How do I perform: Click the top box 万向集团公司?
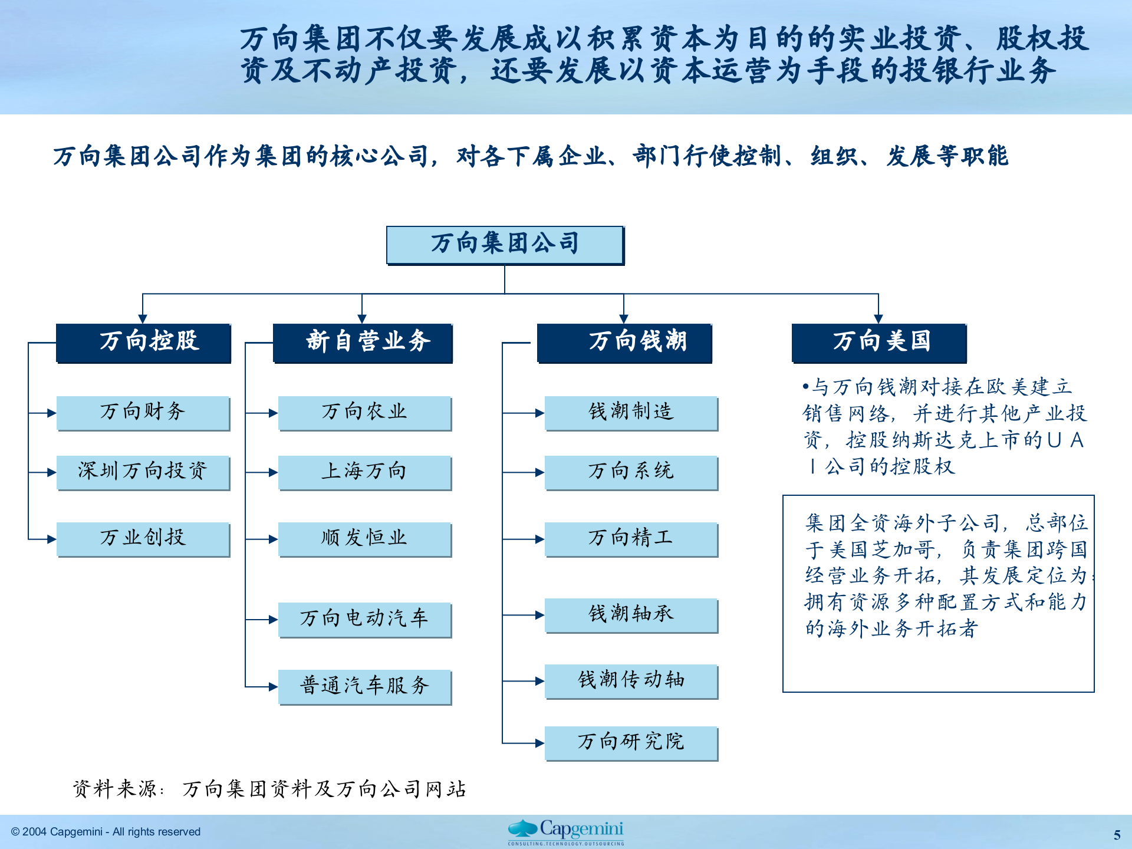pos(505,245)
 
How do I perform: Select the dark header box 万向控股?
pos(143,342)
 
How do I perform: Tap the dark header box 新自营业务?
pos(363,342)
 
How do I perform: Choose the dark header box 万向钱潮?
pos(624,342)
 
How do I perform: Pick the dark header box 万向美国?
pos(879,342)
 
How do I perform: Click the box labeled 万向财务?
pos(143,412)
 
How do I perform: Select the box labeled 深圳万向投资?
pos(143,472)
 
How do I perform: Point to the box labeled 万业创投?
pos(143,538)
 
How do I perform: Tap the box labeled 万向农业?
pos(364,412)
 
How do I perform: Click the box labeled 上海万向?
pos(364,472)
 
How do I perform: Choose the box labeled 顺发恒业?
pos(364,538)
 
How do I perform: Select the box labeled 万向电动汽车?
pos(364,619)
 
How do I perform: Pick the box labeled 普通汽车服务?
pos(364,686)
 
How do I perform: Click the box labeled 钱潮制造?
pos(631,412)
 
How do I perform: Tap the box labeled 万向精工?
pos(631,538)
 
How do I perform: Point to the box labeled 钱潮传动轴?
pos(631,681)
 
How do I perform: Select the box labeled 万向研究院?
pos(631,742)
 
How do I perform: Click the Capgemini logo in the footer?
pos(566,831)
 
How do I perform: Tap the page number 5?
pos(1117,835)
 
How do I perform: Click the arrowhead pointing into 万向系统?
pos(539,472)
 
